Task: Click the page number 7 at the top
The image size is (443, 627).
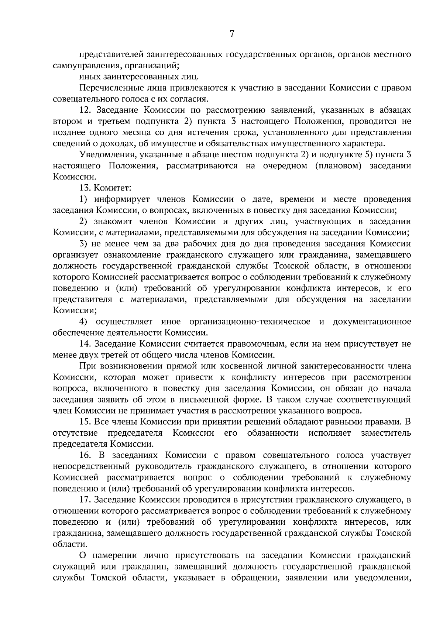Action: pyautogui.click(x=232, y=34)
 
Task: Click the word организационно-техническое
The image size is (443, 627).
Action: pyautogui.click(x=250, y=322)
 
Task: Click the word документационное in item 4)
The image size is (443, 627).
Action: pyautogui.click(x=372, y=322)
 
